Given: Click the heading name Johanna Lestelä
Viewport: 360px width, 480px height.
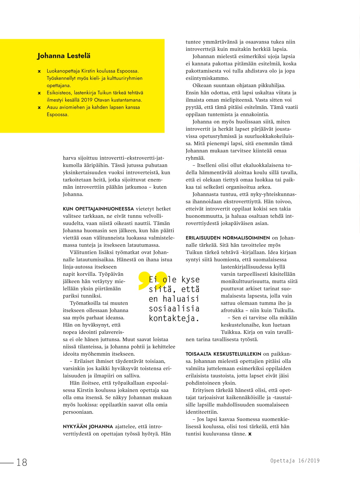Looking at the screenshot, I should click(64, 56).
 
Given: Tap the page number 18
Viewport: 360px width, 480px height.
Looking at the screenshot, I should click(22, 462).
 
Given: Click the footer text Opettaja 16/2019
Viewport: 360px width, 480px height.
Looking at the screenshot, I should click(295, 461).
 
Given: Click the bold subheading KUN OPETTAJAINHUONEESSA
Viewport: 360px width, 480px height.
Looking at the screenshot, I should click(98, 209).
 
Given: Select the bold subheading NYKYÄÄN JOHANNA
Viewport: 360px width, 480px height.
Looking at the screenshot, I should click(88, 427).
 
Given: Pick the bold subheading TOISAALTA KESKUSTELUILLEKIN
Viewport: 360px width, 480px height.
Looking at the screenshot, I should click(223, 354).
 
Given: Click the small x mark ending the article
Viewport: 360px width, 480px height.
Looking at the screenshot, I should click(250, 434).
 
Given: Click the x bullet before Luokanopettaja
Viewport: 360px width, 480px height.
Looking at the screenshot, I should click(39, 71).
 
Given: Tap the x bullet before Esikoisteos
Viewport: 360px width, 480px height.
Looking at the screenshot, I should click(39, 93).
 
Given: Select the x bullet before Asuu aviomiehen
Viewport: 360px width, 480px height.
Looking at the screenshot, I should click(39, 108).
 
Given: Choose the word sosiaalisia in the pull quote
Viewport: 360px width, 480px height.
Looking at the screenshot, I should click(174, 309).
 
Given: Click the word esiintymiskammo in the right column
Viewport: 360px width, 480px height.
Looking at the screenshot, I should click(207, 78).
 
